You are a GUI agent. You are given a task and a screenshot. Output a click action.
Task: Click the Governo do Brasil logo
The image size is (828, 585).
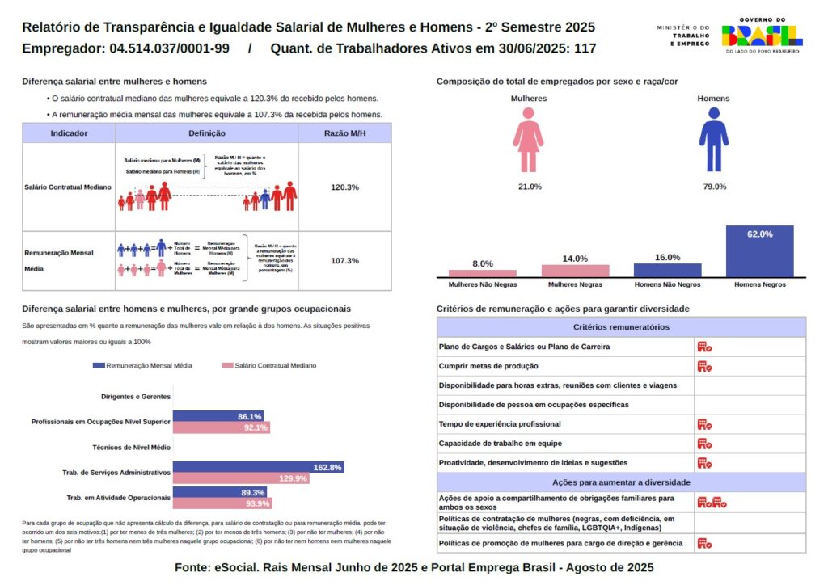pyautogui.click(x=762, y=36)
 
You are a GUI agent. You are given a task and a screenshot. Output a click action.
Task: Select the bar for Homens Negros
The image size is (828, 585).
pyautogui.click(x=759, y=251)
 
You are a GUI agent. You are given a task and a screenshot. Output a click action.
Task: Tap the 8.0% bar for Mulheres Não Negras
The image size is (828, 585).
pyautogui.click(x=483, y=273)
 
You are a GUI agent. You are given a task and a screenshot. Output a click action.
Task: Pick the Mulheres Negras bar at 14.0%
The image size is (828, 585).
pyautogui.click(x=575, y=271)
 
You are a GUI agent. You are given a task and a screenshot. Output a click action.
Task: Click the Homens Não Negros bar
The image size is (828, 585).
pyautogui.click(x=667, y=270)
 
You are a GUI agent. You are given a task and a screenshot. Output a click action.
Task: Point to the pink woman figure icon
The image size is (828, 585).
pyautogui.click(x=528, y=140)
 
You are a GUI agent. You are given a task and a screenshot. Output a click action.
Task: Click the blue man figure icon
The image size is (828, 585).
pyautogui.click(x=713, y=140)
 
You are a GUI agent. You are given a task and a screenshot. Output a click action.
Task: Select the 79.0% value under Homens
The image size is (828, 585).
pyautogui.click(x=714, y=187)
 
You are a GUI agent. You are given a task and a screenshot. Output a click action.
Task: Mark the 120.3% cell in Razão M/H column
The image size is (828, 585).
pyautogui.click(x=344, y=187)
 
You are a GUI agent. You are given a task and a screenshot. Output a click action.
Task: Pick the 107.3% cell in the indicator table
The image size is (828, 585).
pyautogui.click(x=344, y=261)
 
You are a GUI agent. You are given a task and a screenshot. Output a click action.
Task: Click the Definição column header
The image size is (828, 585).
pyautogui.click(x=207, y=133)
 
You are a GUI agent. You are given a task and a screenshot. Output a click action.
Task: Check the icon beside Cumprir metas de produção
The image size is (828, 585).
pyautogui.click(x=704, y=366)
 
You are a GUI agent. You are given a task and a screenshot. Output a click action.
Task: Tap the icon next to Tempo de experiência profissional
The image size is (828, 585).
pyautogui.click(x=704, y=424)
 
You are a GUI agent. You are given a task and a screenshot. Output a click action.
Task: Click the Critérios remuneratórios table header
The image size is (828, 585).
pyautogui.click(x=621, y=327)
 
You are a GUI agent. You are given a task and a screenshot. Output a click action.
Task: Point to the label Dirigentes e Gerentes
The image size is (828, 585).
pyautogui.click(x=136, y=397)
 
